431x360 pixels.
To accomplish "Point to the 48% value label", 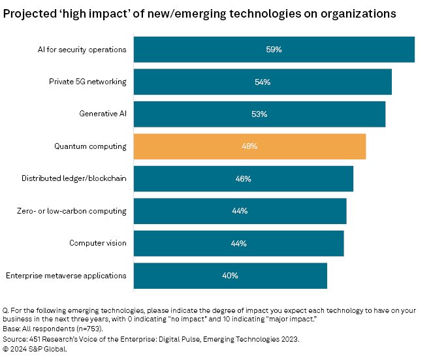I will (x=249, y=146).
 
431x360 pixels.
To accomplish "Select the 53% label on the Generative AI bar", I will (x=259, y=114).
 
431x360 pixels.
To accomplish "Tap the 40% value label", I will (x=230, y=276).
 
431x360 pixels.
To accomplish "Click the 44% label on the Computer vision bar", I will (x=238, y=244).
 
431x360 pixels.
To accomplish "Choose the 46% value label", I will (x=244, y=179).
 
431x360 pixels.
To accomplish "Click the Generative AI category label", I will (x=103, y=114).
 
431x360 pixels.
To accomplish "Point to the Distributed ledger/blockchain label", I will (x=74, y=179).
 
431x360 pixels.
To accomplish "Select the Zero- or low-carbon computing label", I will (x=72, y=211).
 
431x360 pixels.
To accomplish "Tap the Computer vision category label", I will (x=98, y=244).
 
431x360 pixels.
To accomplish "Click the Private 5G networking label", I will (x=88, y=82).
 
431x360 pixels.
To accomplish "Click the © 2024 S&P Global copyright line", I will (x=35, y=349).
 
